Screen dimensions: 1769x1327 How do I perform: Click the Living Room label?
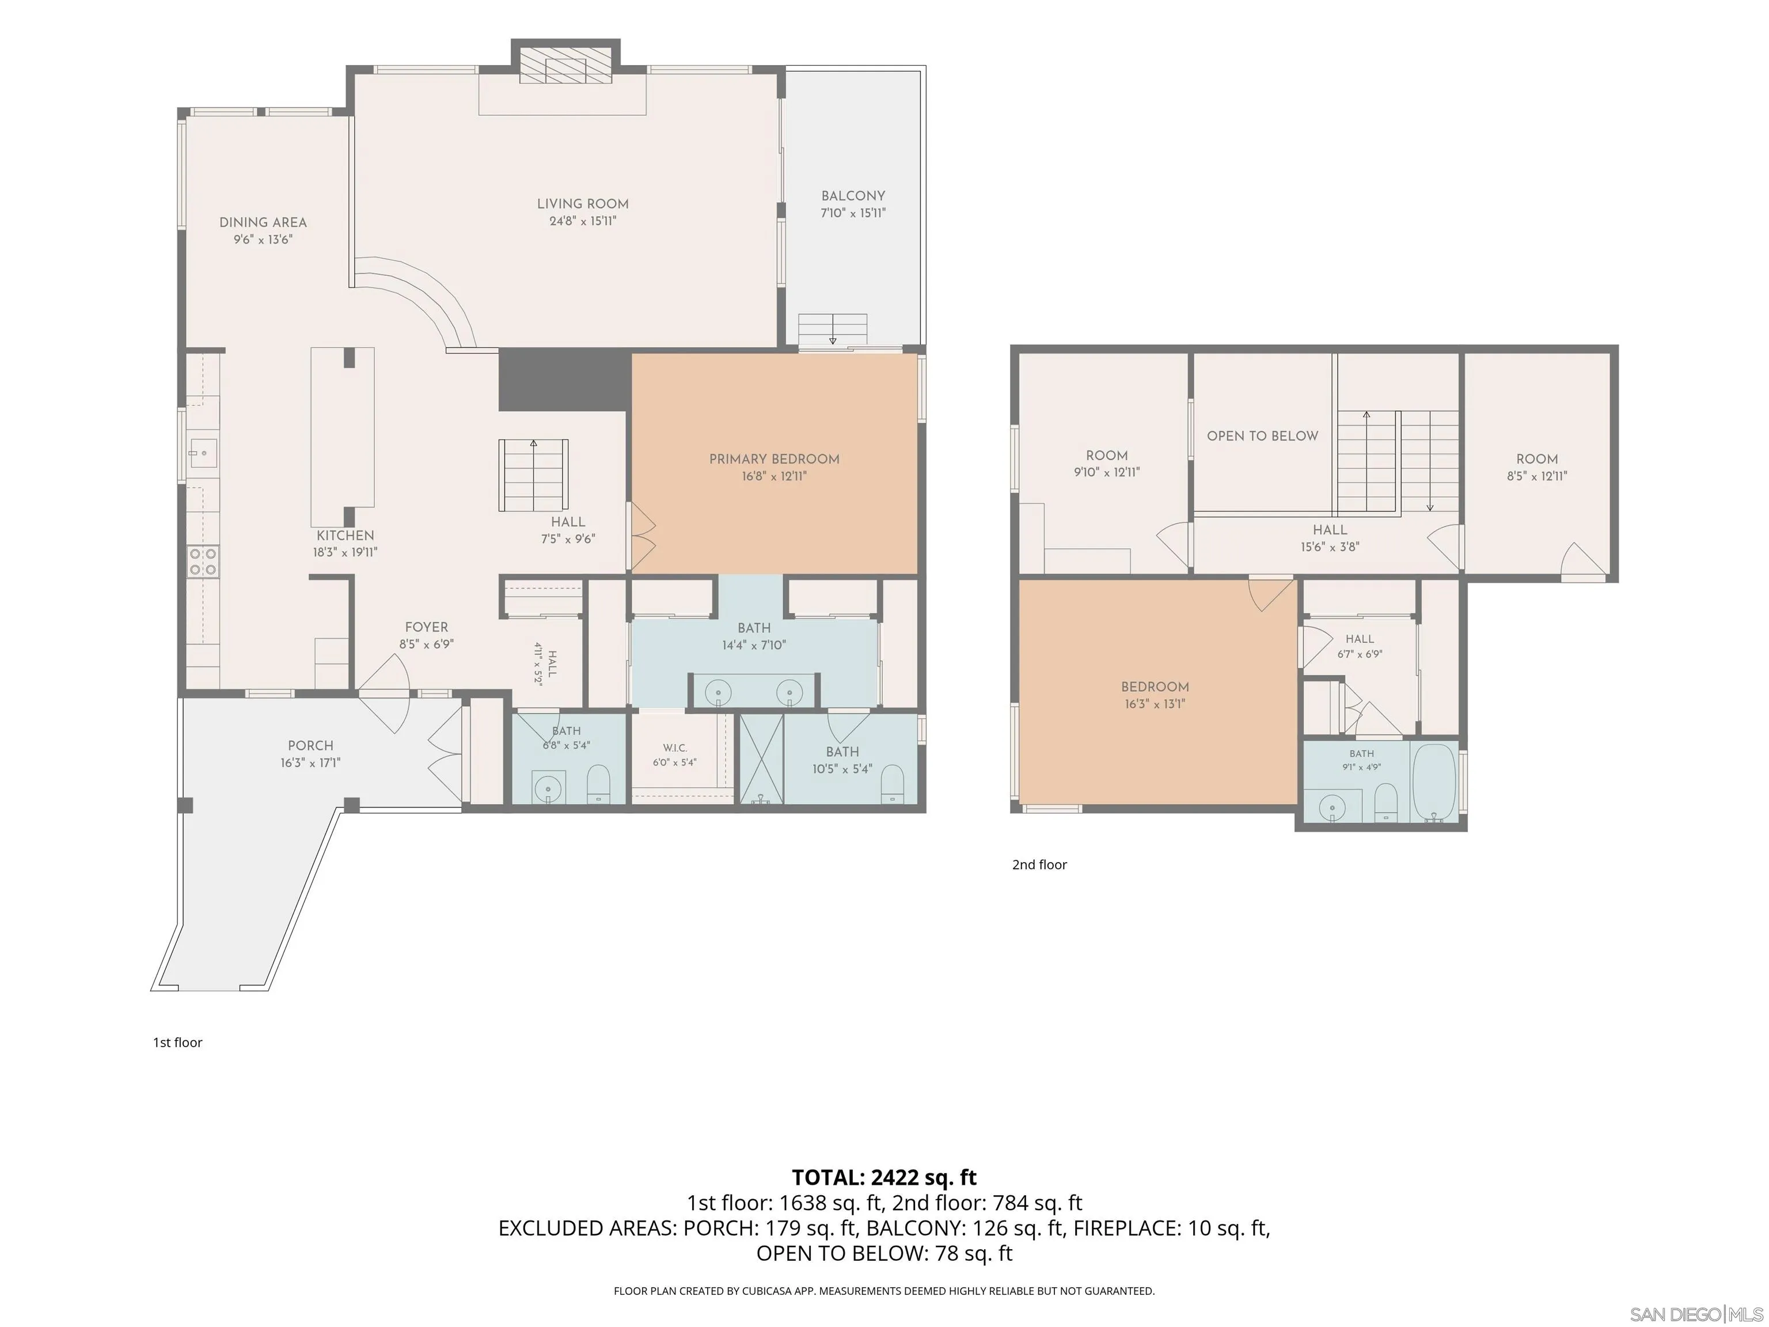tap(582, 204)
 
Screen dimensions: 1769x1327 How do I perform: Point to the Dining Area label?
tap(263, 222)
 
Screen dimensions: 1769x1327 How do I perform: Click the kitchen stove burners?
tap(203, 562)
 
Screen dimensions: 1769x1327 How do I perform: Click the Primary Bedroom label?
tap(774, 459)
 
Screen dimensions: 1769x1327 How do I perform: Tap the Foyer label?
tap(426, 627)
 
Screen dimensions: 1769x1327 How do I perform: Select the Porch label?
tap(310, 745)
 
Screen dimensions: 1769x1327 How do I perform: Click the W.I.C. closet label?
tap(675, 748)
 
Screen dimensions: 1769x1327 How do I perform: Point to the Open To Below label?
tap(1262, 436)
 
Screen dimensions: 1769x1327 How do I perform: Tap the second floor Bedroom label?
tap(1155, 687)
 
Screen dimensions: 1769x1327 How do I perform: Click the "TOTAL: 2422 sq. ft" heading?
tap(884, 1177)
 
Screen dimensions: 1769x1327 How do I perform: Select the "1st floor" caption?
tap(177, 1042)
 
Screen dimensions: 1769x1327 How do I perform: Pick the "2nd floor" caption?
tap(1039, 865)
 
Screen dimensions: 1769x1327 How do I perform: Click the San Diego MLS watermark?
tap(1696, 1314)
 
